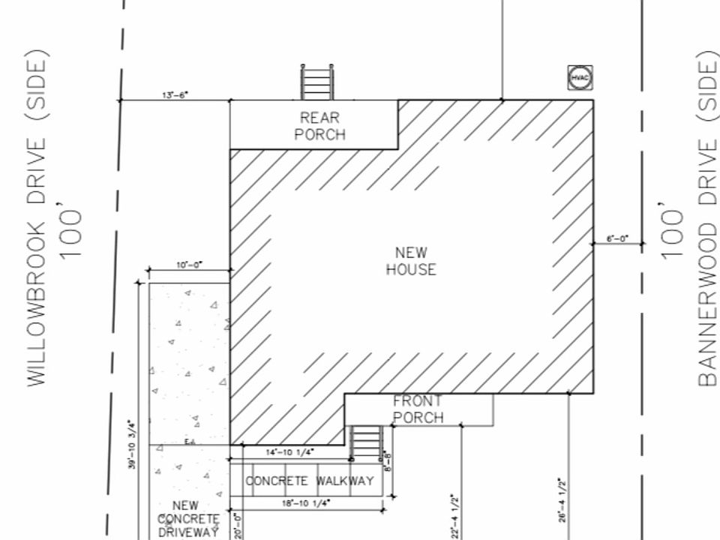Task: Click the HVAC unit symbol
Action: tap(580, 77)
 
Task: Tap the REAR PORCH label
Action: tap(320, 126)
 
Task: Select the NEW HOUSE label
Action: tap(411, 261)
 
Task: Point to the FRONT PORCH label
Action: tap(418, 409)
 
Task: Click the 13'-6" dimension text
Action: tap(175, 95)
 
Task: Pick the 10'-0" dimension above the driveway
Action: tap(189, 265)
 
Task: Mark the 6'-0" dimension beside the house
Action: tap(618, 239)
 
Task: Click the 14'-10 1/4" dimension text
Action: tap(290, 452)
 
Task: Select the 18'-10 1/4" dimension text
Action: tap(306, 504)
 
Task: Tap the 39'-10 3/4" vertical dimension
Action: tap(131, 444)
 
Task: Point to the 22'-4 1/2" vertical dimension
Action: tap(454, 515)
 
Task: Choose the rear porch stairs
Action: tap(316, 82)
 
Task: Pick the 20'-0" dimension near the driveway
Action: tap(237, 526)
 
